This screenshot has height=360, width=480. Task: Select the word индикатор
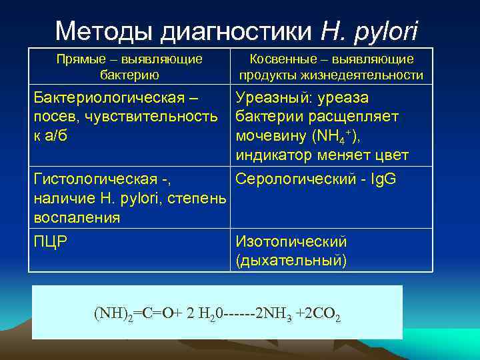273,155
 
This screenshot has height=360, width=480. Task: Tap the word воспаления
77,217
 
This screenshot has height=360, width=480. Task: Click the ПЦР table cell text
51,241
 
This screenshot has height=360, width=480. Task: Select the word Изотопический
291,241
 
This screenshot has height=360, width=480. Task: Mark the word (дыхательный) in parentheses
291,260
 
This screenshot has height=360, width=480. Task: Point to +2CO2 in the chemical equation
319,313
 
